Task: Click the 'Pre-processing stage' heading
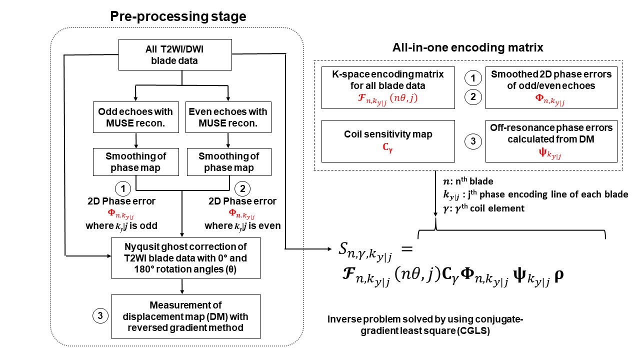click(x=178, y=16)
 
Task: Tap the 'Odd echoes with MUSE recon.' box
click(x=135, y=117)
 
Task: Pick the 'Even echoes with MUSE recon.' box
click(x=228, y=117)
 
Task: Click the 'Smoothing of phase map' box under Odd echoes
click(x=135, y=162)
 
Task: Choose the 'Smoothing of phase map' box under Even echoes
click(x=228, y=162)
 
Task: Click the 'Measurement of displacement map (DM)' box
click(x=186, y=315)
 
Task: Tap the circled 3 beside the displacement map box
click(x=100, y=316)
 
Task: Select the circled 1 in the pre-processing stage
click(x=123, y=188)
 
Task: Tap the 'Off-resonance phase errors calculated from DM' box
click(x=551, y=140)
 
